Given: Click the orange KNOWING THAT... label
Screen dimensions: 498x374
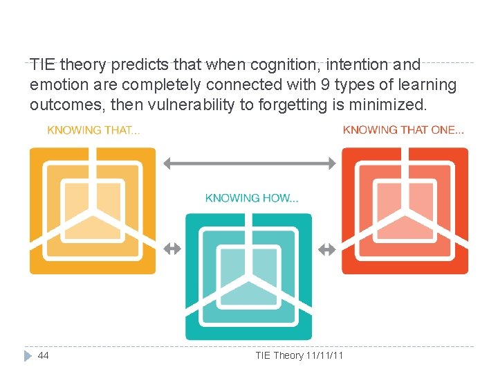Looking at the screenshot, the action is click(93, 130).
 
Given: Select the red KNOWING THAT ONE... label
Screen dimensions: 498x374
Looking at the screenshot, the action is click(403, 130).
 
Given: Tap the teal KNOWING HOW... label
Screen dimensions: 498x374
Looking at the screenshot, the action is click(252, 198).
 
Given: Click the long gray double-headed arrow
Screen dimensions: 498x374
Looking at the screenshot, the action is click(249, 163).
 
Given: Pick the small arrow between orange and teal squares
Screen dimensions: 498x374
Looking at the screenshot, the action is click(172, 249).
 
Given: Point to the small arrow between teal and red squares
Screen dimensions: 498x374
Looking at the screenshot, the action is click(326, 249).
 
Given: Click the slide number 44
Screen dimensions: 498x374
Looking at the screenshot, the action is click(44, 355).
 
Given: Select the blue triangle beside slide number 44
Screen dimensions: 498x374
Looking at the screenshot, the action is click(28, 355).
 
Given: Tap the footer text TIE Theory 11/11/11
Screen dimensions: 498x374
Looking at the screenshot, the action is click(299, 355).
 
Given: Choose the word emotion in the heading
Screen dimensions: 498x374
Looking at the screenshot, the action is click(56, 84).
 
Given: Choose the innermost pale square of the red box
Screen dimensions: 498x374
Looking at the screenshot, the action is click(405, 201).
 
